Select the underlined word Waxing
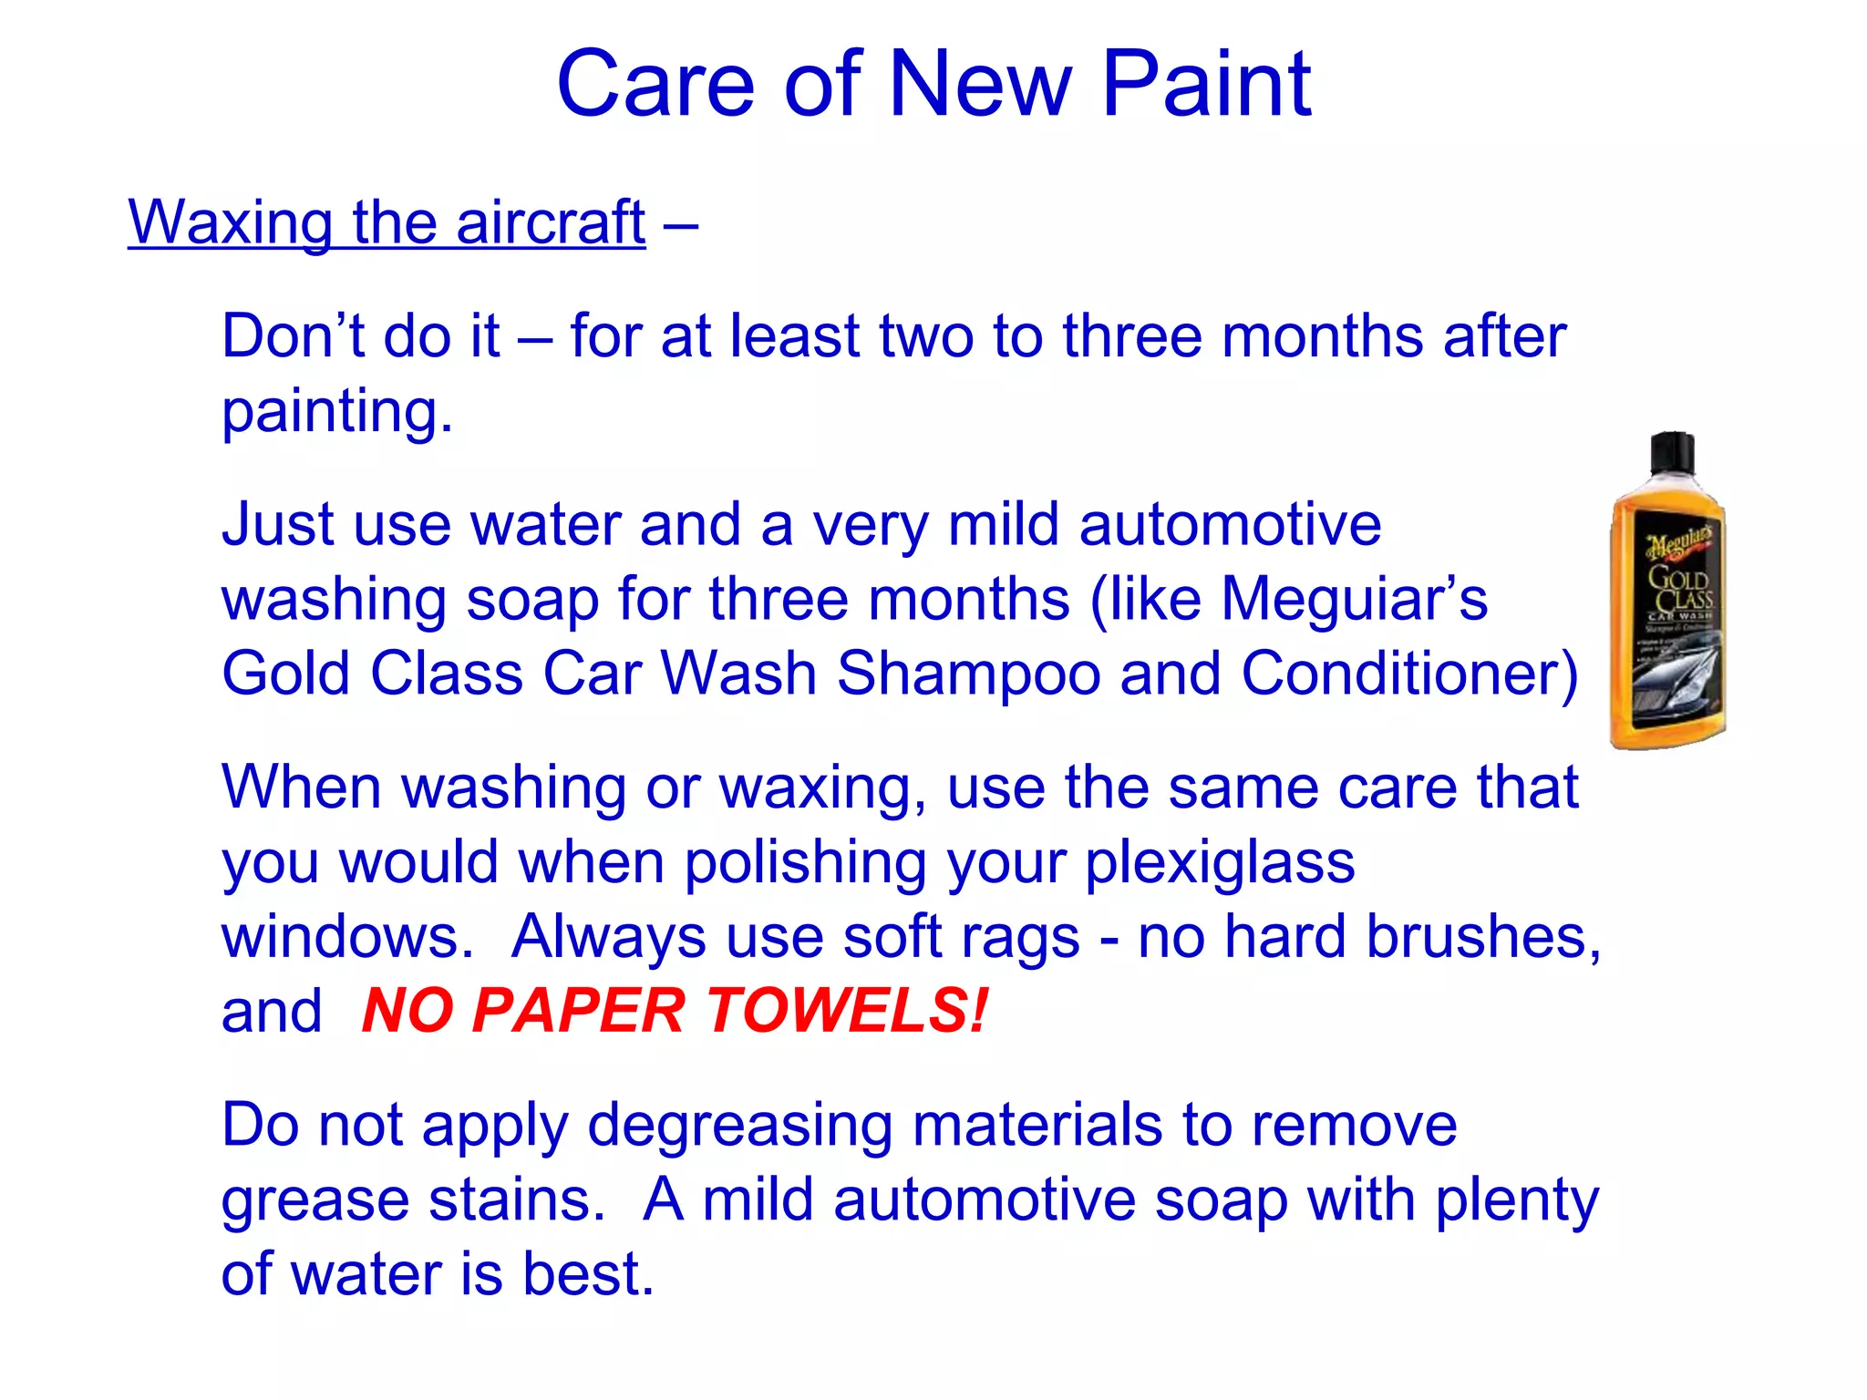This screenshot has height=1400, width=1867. coord(230,223)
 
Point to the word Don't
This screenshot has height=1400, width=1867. coord(292,335)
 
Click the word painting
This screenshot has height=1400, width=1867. coord(336,413)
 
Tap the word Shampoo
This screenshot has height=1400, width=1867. coord(968,674)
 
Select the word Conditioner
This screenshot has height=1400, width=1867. coord(1408,674)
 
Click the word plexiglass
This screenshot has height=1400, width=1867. coord(1220,863)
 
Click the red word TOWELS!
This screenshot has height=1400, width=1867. coord(847,1011)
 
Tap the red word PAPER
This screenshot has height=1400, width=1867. coord(578,1011)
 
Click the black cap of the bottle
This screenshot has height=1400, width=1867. coord(1672,453)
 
